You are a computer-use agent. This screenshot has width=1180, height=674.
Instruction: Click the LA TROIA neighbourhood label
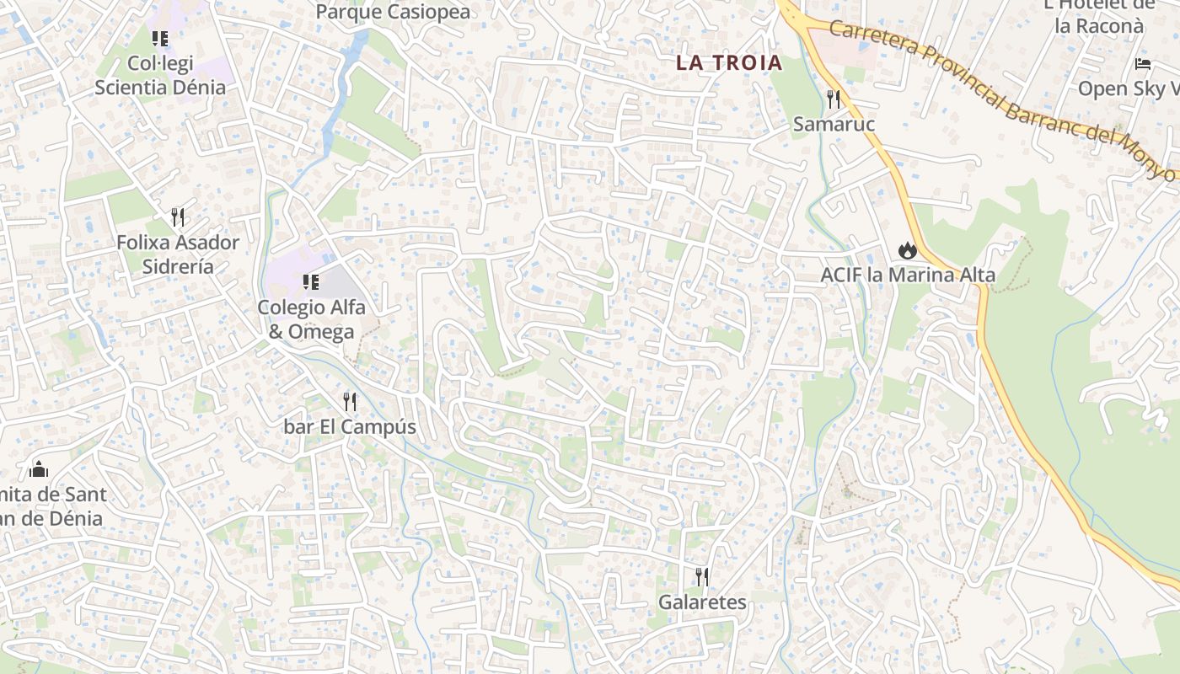(x=729, y=62)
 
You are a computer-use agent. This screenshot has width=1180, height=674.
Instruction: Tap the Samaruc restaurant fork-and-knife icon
(x=834, y=99)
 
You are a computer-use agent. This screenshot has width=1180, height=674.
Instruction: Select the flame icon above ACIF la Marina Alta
(x=907, y=250)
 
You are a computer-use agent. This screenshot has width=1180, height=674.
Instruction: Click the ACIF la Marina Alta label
(x=908, y=275)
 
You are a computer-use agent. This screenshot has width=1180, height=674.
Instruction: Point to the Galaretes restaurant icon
(x=701, y=577)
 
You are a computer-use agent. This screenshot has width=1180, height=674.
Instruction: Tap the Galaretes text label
(x=702, y=602)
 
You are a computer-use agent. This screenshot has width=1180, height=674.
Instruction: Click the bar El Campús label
(x=350, y=426)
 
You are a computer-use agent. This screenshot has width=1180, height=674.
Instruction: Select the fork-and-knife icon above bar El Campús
(x=350, y=401)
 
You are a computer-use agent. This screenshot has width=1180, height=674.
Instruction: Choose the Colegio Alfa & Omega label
(x=311, y=319)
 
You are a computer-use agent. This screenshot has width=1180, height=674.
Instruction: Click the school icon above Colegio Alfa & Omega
(x=311, y=282)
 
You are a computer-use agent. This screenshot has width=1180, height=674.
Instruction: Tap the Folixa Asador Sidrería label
(x=178, y=254)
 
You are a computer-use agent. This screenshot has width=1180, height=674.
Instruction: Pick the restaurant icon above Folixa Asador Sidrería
(x=178, y=217)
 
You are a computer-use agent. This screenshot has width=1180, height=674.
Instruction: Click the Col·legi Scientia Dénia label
(x=160, y=75)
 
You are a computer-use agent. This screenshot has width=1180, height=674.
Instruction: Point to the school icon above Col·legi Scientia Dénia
(x=160, y=39)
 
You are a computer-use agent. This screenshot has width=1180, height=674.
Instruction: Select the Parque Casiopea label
(x=393, y=12)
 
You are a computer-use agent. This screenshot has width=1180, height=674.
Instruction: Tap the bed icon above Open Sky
(x=1143, y=64)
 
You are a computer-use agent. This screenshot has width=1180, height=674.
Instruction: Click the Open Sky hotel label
(x=1129, y=88)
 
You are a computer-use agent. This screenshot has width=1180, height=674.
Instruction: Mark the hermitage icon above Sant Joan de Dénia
(x=39, y=469)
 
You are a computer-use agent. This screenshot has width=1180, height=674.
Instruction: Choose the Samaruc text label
(x=834, y=124)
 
